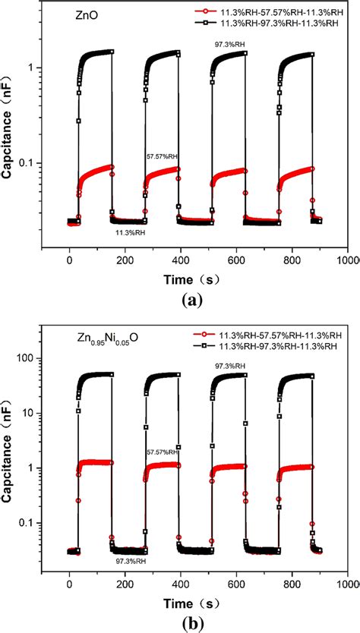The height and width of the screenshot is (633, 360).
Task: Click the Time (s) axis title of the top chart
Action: pos(193,280)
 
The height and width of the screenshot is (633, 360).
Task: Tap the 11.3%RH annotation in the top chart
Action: pos(131,232)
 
